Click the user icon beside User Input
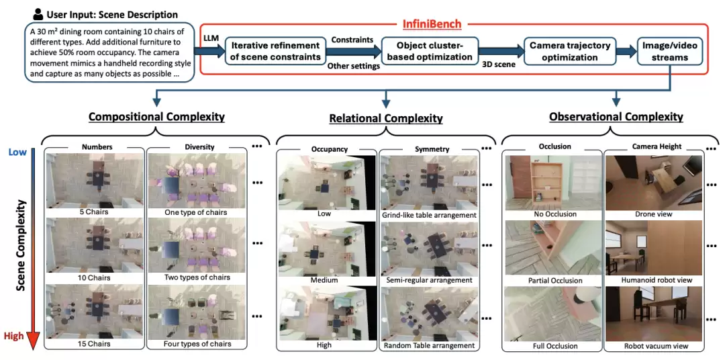pyautogui.click(x=38, y=14)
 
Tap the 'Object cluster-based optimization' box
pyautogui.click(x=430, y=51)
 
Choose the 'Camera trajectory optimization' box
pyautogui.click(x=570, y=51)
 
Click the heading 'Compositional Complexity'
pyautogui.click(x=156, y=116)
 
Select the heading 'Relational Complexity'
pyautogui.click(x=386, y=118)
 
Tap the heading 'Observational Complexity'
pyautogui.click(x=616, y=117)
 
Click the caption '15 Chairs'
pyautogui.click(x=95, y=344)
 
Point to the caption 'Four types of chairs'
pyautogui.click(x=197, y=344)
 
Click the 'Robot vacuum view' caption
pyautogui.click(x=654, y=346)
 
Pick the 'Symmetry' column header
pyautogui.click(x=428, y=149)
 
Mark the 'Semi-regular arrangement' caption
pyautogui.click(x=428, y=280)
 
